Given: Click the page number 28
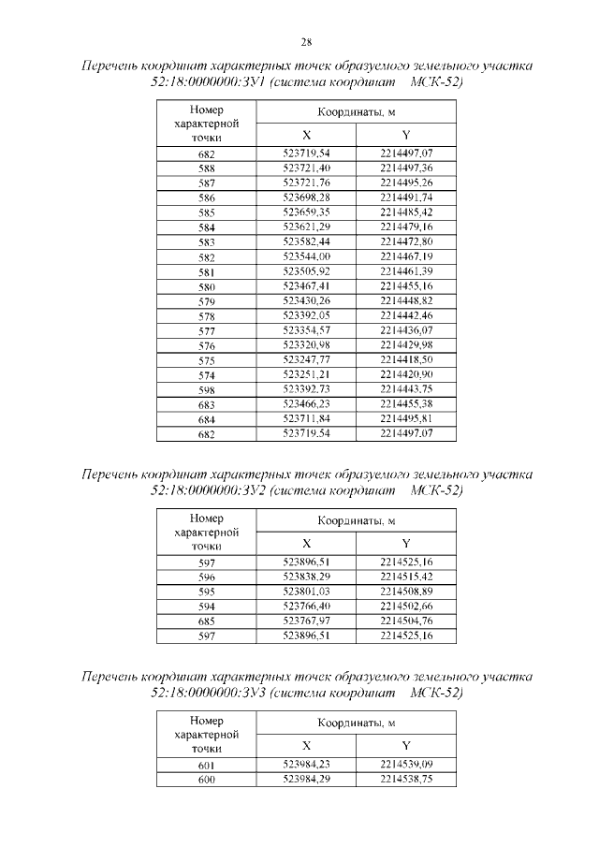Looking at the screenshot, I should point(306,41).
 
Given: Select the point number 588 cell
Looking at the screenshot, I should point(207,168).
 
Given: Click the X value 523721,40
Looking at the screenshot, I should point(306,168).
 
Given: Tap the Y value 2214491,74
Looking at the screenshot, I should point(406,198).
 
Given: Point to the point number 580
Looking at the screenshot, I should point(207,286).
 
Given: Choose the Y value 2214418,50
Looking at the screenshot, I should point(406,359).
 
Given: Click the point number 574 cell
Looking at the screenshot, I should point(207,375).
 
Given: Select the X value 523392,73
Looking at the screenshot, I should point(306,389).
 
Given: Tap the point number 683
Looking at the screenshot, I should point(207,405).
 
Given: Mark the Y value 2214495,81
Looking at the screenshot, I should point(406,419).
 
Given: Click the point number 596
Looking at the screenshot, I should point(207,577).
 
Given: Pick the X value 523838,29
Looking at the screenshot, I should point(306,577).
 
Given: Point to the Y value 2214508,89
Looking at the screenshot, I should point(406,591).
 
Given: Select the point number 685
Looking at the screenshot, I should point(207,621).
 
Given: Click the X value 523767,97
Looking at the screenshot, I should point(306,621).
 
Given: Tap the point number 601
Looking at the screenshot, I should point(207,765).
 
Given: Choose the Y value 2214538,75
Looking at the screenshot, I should point(406,779).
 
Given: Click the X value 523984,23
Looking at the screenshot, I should point(306,765).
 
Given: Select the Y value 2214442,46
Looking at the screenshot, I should point(406,316).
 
